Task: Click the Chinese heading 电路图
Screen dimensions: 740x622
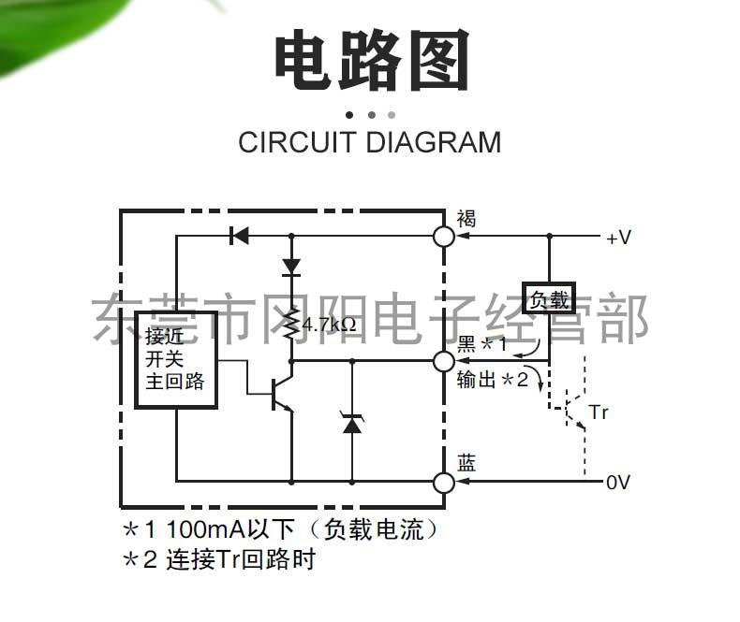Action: [370, 62]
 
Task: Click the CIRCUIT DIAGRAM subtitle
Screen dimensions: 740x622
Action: [369, 143]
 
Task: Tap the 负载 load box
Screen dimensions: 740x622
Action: [548, 298]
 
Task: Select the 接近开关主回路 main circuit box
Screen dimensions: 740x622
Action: [176, 358]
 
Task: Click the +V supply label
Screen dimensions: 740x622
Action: [618, 238]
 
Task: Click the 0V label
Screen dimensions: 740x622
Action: [618, 483]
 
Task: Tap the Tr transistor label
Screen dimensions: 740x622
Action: [599, 412]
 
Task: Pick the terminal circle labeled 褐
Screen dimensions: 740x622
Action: [444, 237]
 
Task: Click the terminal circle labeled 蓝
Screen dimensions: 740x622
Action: [444, 483]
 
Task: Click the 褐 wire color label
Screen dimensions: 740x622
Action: [466, 218]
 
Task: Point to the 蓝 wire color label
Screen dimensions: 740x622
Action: [466, 463]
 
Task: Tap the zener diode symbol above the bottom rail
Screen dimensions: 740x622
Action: [352, 424]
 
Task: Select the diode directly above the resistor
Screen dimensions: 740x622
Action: [291, 266]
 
